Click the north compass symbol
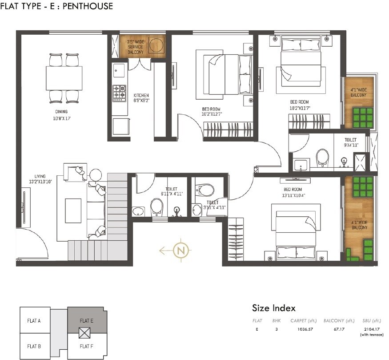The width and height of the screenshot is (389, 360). (180, 250)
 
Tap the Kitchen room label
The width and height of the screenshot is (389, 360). (141, 98)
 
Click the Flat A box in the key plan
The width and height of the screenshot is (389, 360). (34, 320)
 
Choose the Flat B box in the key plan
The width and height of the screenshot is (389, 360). (34, 346)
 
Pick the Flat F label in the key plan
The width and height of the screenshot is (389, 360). (86, 346)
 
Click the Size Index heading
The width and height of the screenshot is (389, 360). (273, 308)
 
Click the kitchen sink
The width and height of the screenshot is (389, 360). (119, 70)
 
